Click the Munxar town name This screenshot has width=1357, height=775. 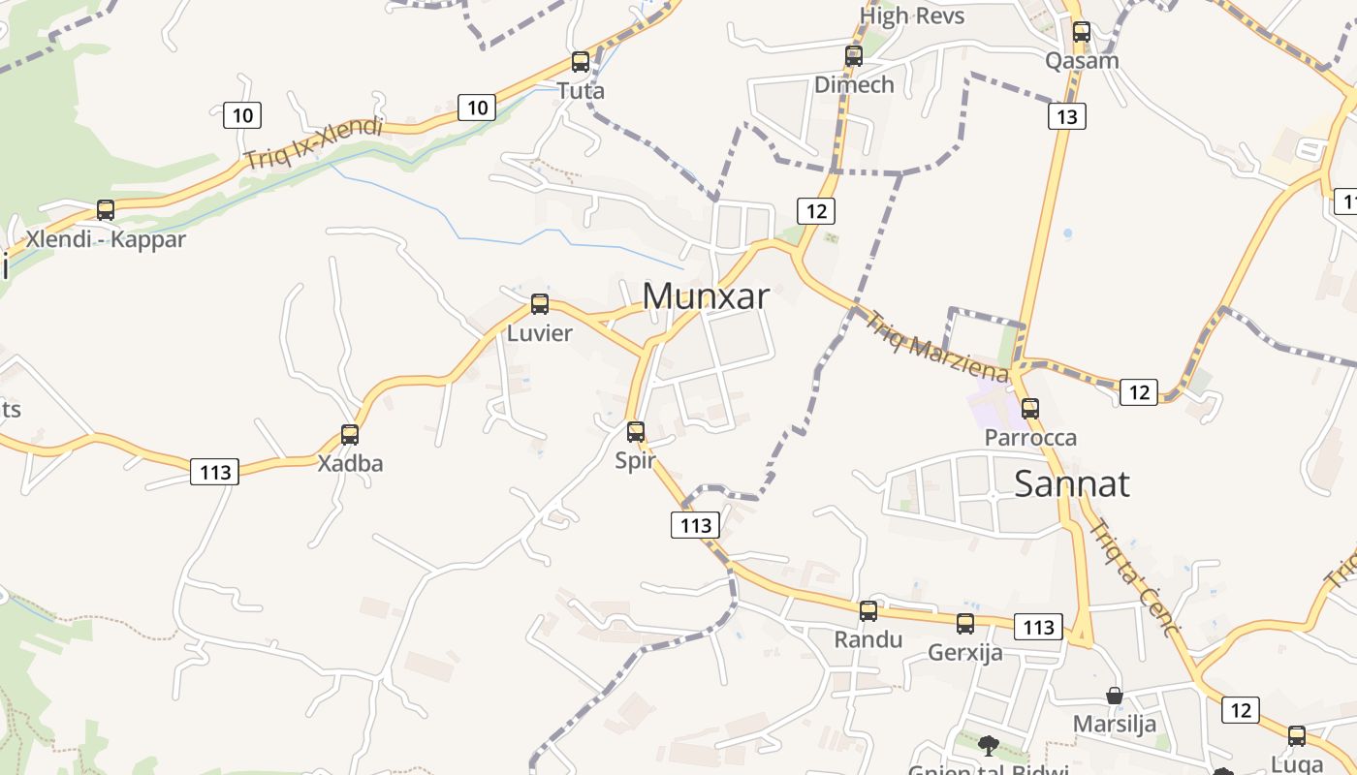pyautogui.click(x=706, y=296)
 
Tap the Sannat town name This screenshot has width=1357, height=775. pyautogui.click(x=1071, y=483)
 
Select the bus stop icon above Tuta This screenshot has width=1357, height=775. pyautogui.click(x=581, y=62)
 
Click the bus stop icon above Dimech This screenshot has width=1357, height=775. pyautogui.click(x=854, y=56)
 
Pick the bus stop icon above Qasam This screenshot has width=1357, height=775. pyautogui.click(x=1082, y=32)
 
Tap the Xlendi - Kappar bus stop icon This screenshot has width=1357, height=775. pyautogui.click(x=106, y=210)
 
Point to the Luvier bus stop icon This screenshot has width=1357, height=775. pyautogui.click(x=540, y=304)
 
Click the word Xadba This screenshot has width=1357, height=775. pyautogui.click(x=350, y=463)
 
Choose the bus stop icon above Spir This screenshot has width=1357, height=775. pyautogui.click(x=636, y=432)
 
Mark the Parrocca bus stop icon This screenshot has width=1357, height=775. pyautogui.click(x=1030, y=409)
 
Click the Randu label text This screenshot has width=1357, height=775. pyautogui.click(x=868, y=639)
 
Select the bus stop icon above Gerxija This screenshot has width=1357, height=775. pyautogui.click(x=965, y=624)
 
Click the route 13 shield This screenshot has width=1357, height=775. pyautogui.click(x=1066, y=117)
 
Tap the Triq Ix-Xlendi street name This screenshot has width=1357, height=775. pyautogui.click(x=313, y=144)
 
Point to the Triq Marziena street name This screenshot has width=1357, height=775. pyautogui.click(x=936, y=347)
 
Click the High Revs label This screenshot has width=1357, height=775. pyautogui.click(x=912, y=15)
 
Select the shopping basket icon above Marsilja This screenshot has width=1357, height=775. pyautogui.click(x=1115, y=696)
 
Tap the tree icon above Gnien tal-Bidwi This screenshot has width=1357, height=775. pyautogui.click(x=988, y=745)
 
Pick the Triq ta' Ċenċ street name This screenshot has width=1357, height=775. pyautogui.click(x=1133, y=577)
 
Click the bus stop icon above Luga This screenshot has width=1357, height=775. pyautogui.click(x=1297, y=736)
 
